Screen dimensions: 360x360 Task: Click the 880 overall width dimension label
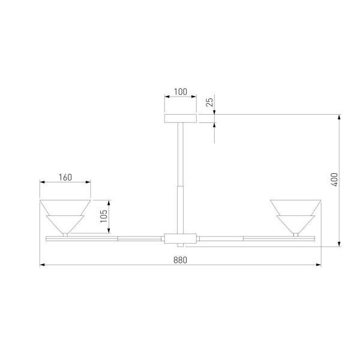tap(180, 260)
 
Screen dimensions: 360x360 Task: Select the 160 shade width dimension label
tap(65, 177)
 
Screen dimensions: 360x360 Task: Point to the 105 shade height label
tap(104, 217)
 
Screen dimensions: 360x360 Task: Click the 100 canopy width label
tap(180, 92)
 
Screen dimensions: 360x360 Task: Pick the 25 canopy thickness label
tap(209, 102)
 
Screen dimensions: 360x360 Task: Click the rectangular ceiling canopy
tap(180, 118)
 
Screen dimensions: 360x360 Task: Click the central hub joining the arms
tap(180, 238)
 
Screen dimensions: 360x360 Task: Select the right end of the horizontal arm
tap(311, 238)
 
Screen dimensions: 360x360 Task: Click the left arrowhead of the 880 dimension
tap(42, 265)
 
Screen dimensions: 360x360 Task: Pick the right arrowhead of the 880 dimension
tap(318, 265)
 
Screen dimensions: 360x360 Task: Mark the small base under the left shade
tap(65, 235)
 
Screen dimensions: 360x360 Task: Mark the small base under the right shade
tap(295, 235)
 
